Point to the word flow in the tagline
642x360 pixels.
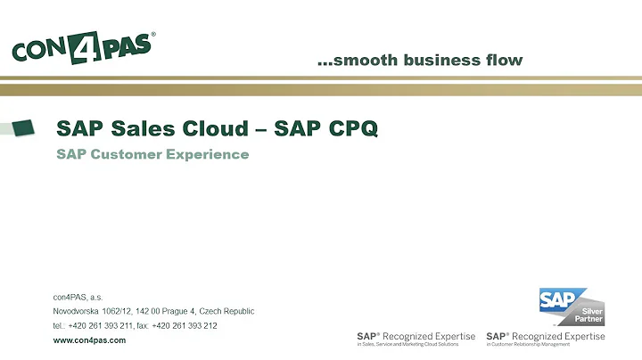(502, 61)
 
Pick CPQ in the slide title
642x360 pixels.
(351, 128)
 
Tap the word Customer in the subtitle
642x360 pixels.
(124, 154)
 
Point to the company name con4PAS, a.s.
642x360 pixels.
(78, 297)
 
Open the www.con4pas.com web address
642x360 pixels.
(89, 340)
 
